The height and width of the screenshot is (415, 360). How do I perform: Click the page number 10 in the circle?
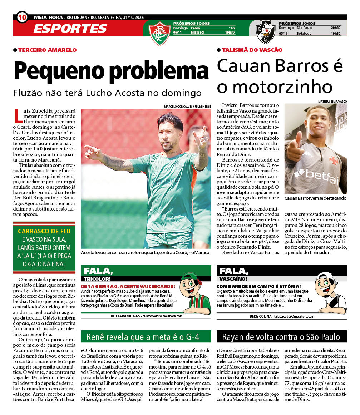click(x=22, y=17)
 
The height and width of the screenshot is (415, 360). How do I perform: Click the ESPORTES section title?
click(x=70, y=29)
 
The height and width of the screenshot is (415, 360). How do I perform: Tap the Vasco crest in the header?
click(x=266, y=31)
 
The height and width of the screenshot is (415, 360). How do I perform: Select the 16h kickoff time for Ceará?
click(x=232, y=28)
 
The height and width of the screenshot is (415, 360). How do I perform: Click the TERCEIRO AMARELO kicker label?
click(x=47, y=50)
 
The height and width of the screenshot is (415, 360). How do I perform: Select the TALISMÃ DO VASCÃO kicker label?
click(x=252, y=50)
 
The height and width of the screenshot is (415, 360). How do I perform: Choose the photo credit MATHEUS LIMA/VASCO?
click(x=332, y=102)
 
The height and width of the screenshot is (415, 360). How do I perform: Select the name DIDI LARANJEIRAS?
click(x=125, y=316)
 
